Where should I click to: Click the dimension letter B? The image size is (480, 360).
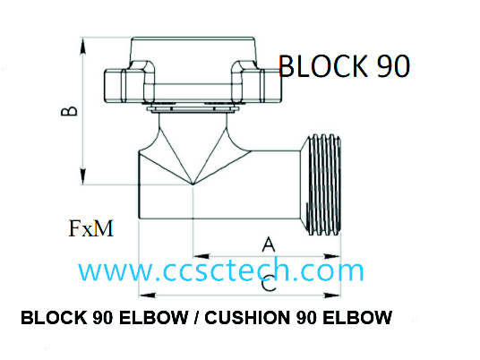(69, 111)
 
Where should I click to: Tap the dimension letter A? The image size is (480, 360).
(269, 244)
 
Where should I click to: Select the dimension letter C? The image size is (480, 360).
(269, 284)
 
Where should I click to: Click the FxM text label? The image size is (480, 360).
(91, 228)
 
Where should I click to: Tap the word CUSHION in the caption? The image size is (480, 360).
(248, 317)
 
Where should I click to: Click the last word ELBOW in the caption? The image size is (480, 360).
(357, 317)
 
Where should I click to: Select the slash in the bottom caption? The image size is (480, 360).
(196, 317)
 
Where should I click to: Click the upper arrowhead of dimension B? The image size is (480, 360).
(82, 47)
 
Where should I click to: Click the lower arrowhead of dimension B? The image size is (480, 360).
(82, 176)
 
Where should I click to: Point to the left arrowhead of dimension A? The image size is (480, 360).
(201, 256)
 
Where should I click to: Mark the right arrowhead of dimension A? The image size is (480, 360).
(332, 256)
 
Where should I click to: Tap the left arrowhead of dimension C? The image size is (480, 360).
(148, 296)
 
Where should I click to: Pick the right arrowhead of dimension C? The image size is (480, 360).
(332, 296)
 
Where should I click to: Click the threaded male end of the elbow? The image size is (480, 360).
(324, 184)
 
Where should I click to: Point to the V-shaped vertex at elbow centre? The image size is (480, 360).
(193, 184)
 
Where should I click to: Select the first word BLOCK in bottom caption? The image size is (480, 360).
(55, 317)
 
